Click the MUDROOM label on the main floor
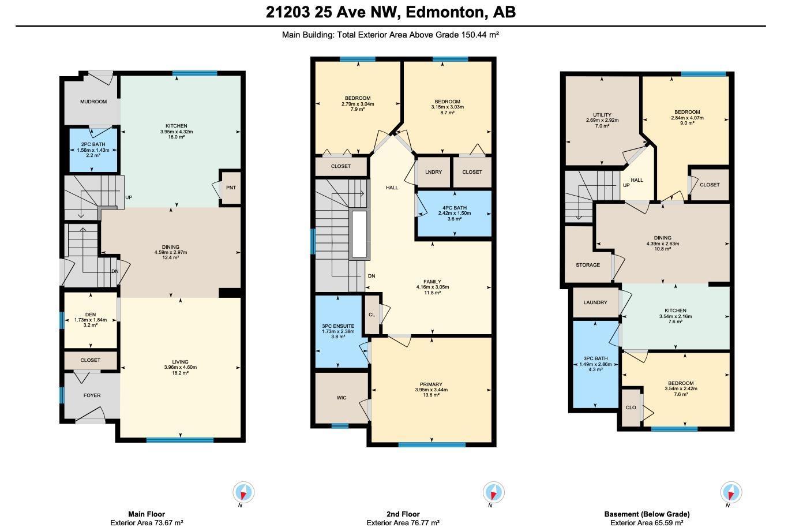click(93, 102)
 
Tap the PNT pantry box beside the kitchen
click(231, 188)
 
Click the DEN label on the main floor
click(90, 315)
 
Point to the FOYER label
click(92, 395)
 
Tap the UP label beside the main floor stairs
click(129, 197)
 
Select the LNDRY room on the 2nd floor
click(433, 172)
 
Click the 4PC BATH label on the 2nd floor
click(455, 208)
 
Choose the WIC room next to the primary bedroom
click(342, 398)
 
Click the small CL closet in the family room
click(372, 315)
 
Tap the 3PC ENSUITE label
click(338, 326)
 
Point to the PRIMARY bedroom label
click(431, 384)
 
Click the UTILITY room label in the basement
click(602, 115)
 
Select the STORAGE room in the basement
click(588, 265)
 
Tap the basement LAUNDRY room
click(595, 302)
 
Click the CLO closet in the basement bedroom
click(631, 407)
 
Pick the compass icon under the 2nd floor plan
click(493, 492)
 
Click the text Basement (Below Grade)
click(647, 514)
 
